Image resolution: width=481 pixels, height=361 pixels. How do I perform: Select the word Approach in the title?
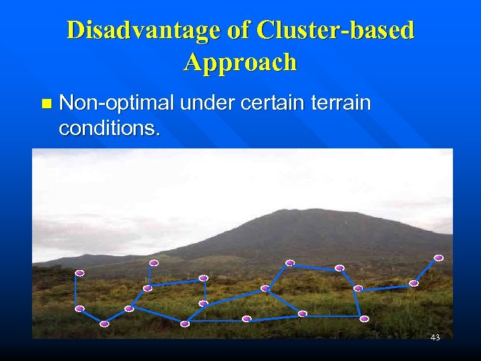[240, 62]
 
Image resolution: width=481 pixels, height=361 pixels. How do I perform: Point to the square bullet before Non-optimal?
[45, 104]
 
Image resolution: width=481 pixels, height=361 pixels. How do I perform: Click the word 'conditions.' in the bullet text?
[110, 128]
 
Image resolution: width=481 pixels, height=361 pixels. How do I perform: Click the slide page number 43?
[435, 338]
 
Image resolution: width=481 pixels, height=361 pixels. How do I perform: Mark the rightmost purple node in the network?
[438, 257]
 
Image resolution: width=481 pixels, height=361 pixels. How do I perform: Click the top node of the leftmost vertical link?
[79, 273]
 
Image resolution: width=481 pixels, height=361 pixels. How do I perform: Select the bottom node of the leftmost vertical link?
[79, 308]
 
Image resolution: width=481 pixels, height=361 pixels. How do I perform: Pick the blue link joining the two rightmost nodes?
[426, 270]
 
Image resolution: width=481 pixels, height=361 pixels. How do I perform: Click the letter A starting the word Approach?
[193, 62]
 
